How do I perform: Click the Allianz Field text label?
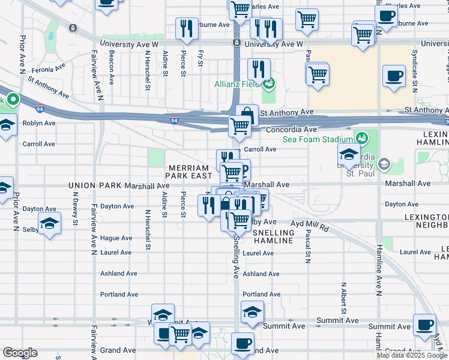point(236,85)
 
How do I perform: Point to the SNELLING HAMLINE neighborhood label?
point(273,236)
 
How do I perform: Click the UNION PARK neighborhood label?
point(95,185)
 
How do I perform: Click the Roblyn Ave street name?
point(39,123)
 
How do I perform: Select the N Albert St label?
point(343,298)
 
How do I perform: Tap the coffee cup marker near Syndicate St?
point(394,76)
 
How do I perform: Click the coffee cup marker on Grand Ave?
point(243,344)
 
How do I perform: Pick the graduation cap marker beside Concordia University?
point(349,154)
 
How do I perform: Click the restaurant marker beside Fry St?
point(187,28)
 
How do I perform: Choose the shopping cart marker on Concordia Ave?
point(240,126)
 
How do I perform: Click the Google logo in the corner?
point(20,353)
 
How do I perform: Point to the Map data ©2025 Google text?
point(412,355)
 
